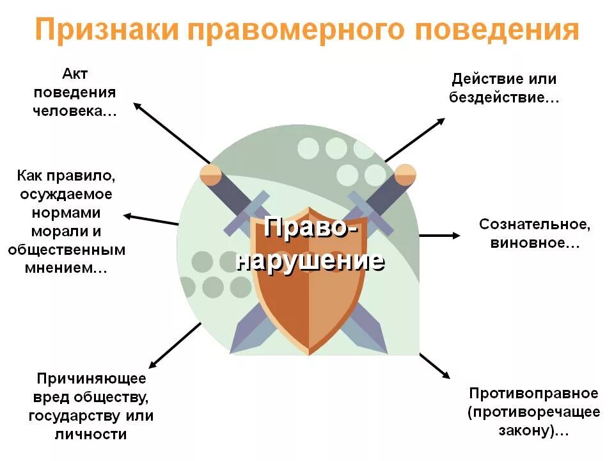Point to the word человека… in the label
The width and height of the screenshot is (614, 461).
75,110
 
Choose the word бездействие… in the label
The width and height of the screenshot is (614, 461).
504,99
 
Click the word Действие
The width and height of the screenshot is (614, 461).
485,79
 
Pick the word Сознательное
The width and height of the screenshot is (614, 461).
535,225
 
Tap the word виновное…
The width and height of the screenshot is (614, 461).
535,243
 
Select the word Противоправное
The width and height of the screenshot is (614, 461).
533,392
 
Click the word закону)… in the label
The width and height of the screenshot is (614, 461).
533,430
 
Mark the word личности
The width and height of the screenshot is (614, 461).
91,434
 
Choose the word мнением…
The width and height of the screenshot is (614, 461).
66,268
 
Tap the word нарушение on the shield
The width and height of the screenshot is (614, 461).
310,261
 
